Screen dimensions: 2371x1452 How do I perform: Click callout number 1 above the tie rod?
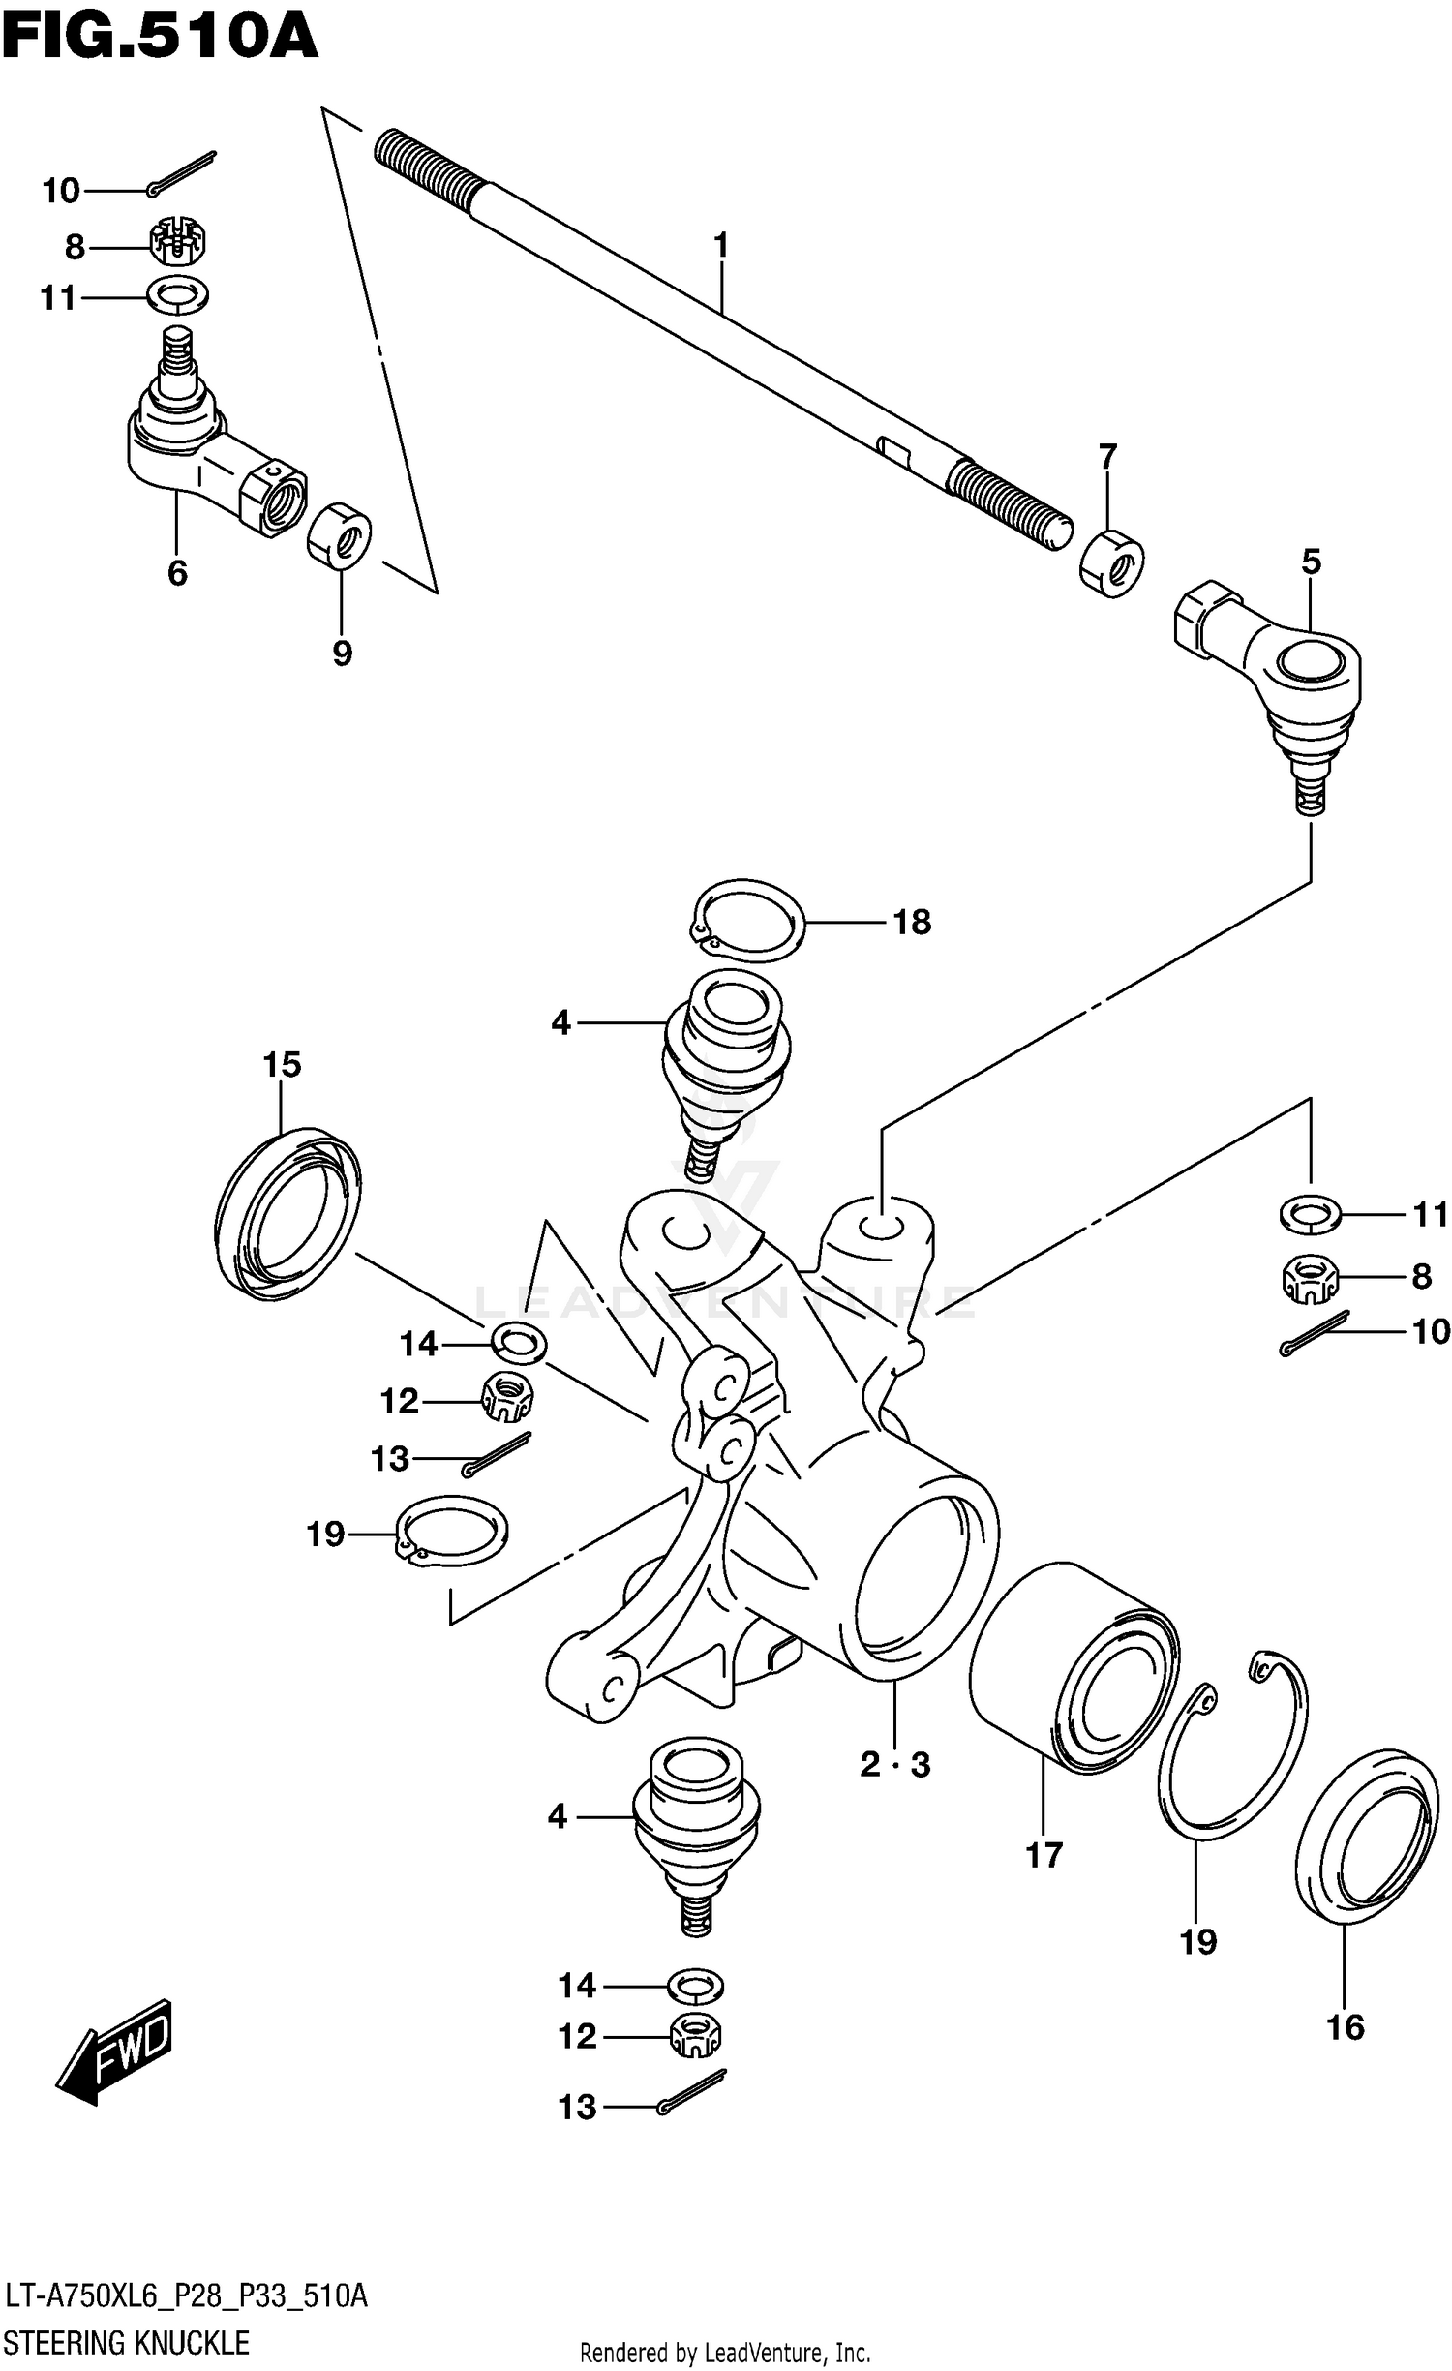[x=720, y=246]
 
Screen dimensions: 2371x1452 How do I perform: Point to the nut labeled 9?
[x=340, y=534]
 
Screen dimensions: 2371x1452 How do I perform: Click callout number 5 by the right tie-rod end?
[x=1311, y=562]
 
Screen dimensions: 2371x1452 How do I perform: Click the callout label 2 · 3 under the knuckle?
[x=894, y=1764]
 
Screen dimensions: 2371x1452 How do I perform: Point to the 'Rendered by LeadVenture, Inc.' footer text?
[x=725, y=2352]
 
